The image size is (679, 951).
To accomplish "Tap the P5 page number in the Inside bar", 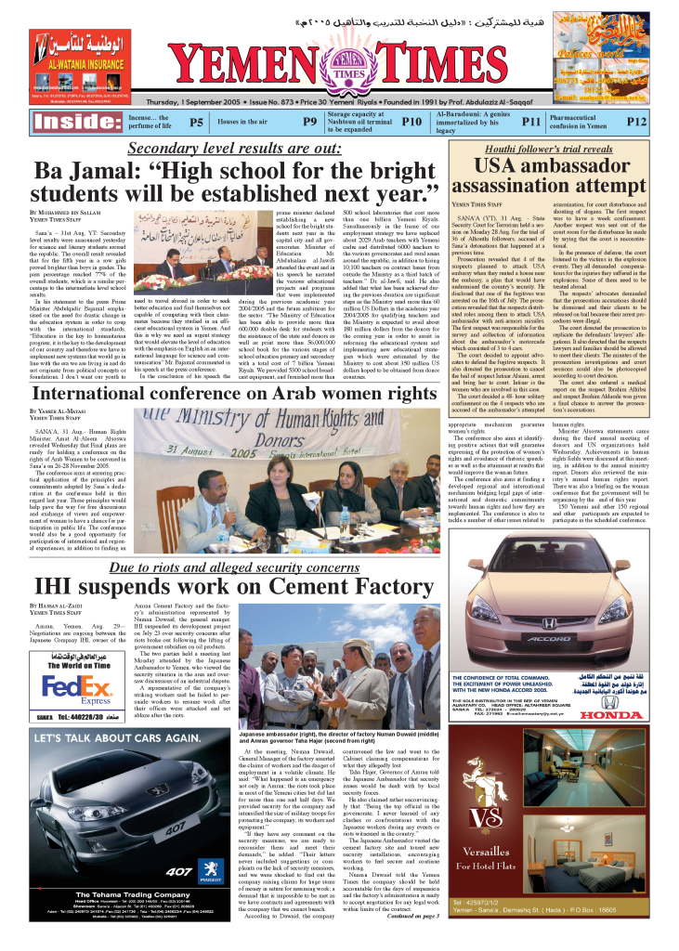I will click(196, 122).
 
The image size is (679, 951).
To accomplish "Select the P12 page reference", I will click(635, 122).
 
